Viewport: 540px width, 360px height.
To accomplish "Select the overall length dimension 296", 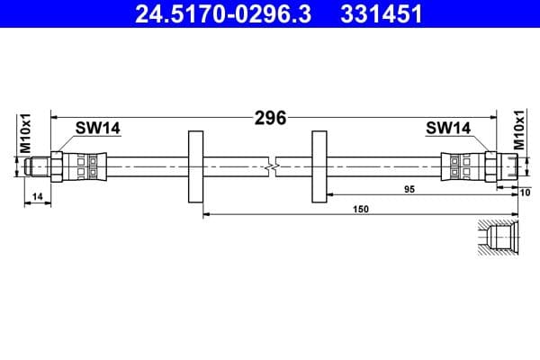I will pos(270,118).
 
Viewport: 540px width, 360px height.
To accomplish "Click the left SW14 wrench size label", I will pos(97,129).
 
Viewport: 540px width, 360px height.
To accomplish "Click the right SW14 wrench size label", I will pos(448,129).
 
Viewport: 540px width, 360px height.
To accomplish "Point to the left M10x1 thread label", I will pos(26,132).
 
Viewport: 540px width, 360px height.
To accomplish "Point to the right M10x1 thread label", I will pos(519,131).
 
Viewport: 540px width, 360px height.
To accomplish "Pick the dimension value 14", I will pos(37,195).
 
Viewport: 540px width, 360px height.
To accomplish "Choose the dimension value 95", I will pos(409,189).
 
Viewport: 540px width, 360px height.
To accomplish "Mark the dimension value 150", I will pos(361,209).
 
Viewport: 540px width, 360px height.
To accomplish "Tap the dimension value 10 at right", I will pos(526,191).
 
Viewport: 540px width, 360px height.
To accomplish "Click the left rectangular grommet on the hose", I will pos(194,166).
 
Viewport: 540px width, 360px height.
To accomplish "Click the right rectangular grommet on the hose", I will pos(319,166).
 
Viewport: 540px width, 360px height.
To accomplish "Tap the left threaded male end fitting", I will pos(36,166).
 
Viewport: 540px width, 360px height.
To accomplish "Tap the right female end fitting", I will pos(509,166).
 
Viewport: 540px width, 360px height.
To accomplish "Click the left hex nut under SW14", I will pos(58,166).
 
